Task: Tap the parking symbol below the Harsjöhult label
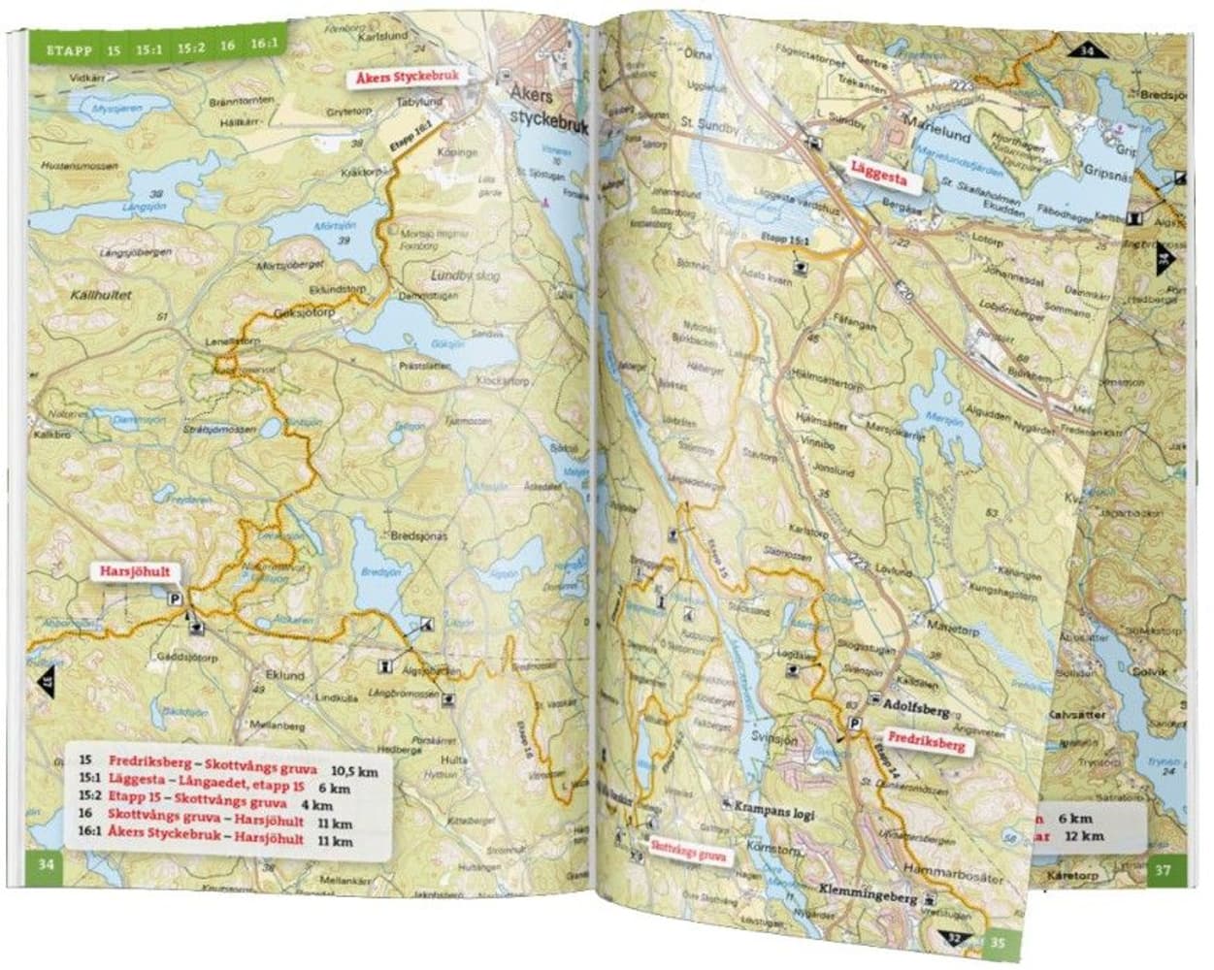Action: click(x=176, y=599)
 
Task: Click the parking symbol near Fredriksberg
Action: click(x=856, y=725)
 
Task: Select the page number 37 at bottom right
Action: click(x=1165, y=870)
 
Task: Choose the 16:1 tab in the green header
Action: click(x=263, y=44)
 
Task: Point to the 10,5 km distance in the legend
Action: click(x=354, y=771)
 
